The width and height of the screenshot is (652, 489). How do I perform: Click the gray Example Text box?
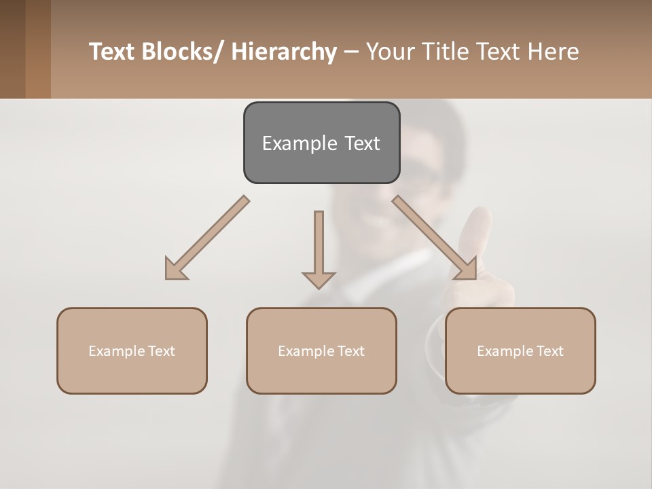coord(321,143)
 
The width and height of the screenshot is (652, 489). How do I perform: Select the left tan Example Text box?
coord(132,350)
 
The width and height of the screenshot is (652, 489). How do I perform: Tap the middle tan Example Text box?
coord(321,350)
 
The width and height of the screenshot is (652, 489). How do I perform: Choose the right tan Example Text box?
coord(520,350)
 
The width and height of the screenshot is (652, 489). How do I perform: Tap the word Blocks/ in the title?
coord(183,52)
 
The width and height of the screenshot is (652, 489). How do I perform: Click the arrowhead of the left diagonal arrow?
coord(174,270)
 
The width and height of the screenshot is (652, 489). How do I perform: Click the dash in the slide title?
coord(351,52)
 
